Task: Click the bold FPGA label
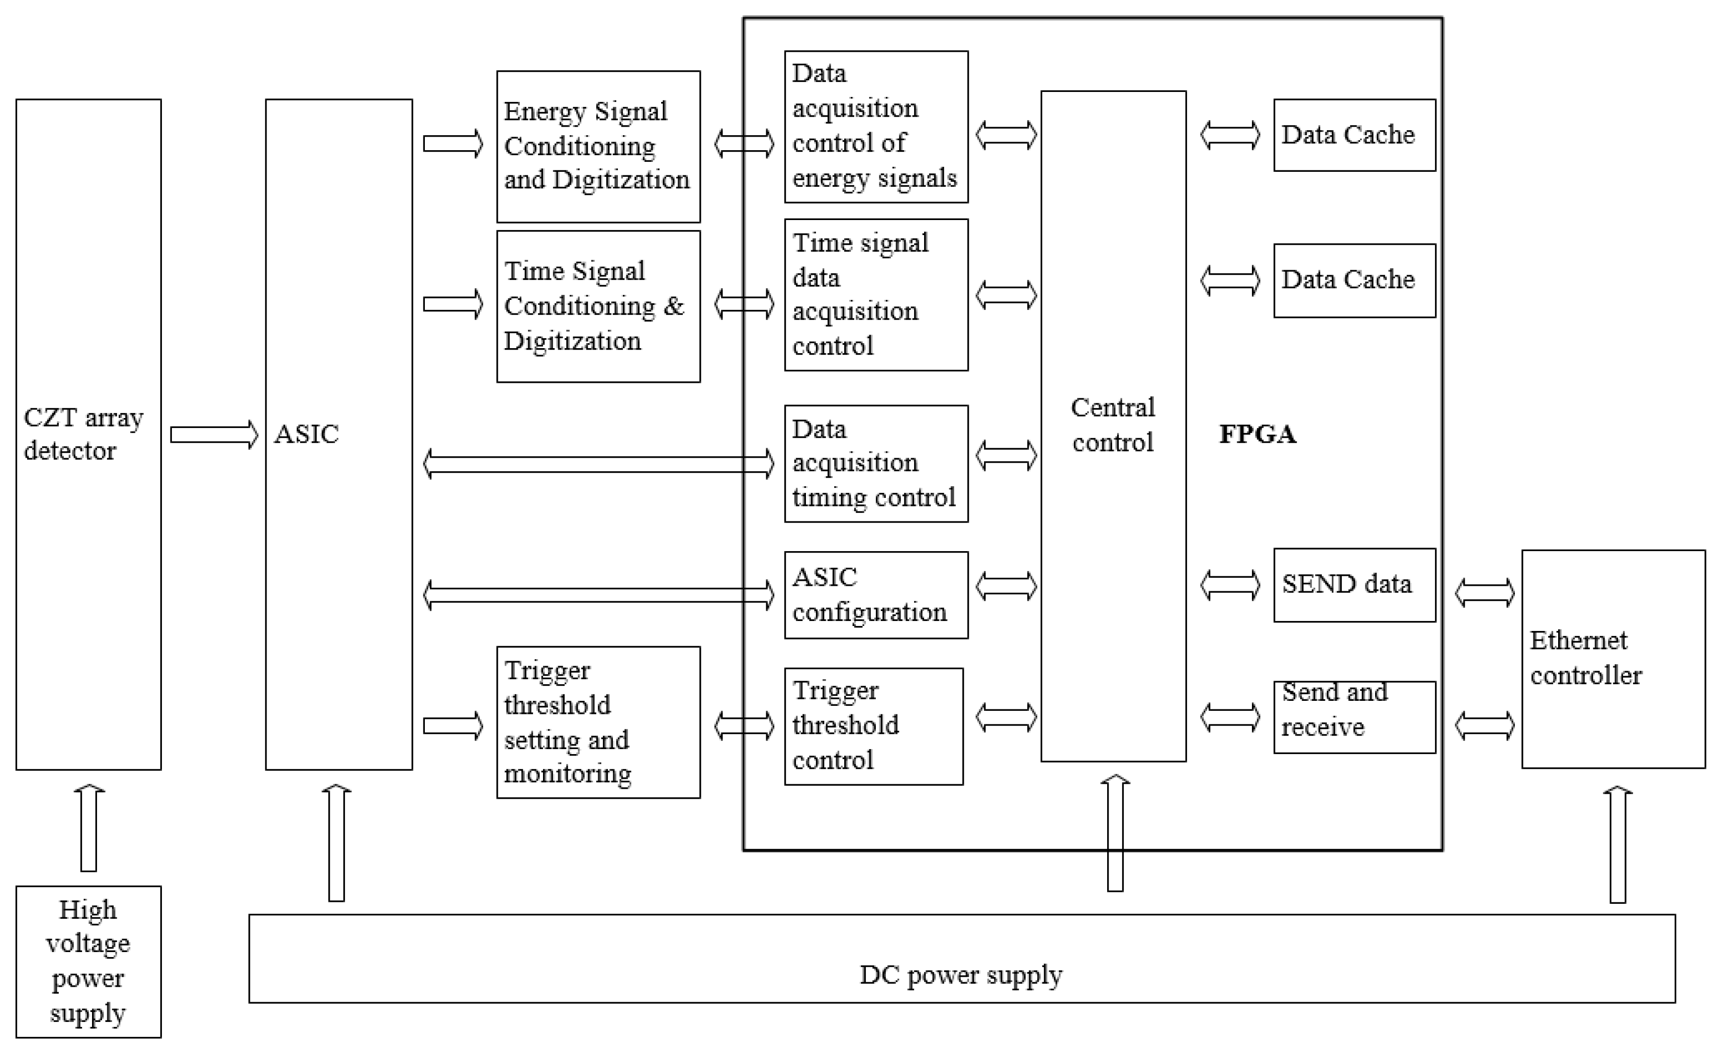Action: click(x=1257, y=434)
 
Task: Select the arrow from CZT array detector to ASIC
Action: click(x=214, y=435)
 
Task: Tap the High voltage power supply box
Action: click(x=88, y=961)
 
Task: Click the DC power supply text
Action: click(x=961, y=975)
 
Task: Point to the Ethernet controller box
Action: click(x=1612, y=658)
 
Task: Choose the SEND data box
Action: click(x=1354, y=584)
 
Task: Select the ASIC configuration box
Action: click(x=876, y=595)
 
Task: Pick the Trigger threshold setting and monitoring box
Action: click(x=598, y=721)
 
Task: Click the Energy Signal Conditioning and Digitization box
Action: click(x=598, y=146)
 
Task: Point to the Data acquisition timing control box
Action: click(x=876, y=463)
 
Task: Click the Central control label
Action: click(x=1113, y=425)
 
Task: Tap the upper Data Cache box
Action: click(x=1354, y=135)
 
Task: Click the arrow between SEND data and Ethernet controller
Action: click(x=1484, y=593)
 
